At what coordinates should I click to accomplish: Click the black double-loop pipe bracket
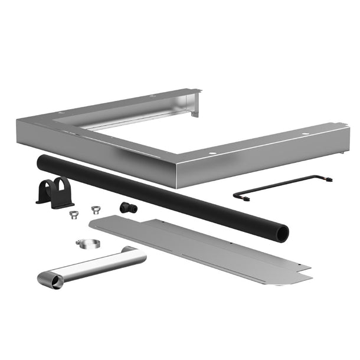[x=55, y=192]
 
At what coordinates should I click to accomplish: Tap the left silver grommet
[x=73, y=214]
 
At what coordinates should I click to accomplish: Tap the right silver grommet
[x=94, y=209]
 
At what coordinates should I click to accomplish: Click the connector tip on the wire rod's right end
[x=328, y=179]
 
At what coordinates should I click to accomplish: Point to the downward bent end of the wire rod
[x=238, y=195]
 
